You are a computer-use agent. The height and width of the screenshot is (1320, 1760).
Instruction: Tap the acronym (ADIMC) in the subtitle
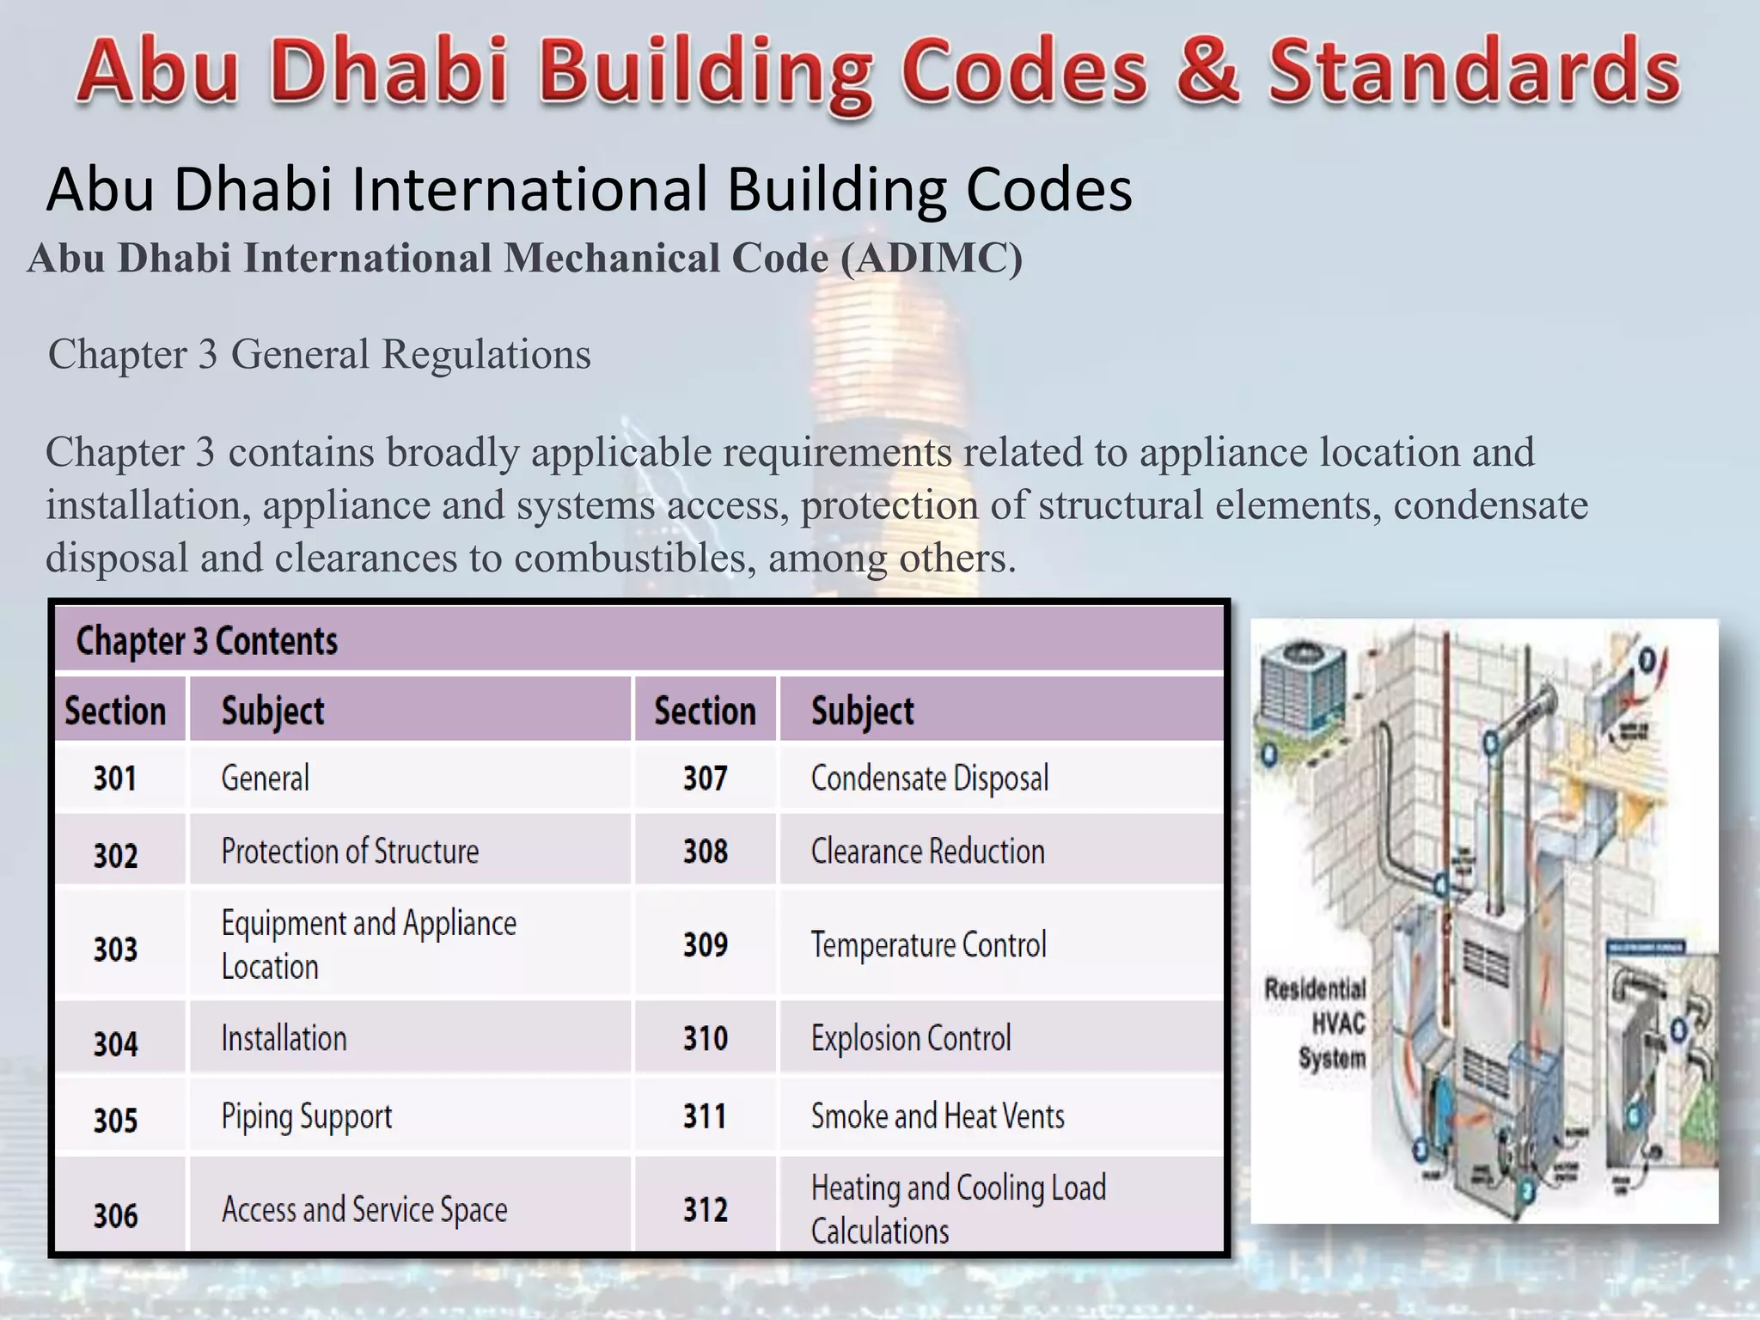[x=932, y=259]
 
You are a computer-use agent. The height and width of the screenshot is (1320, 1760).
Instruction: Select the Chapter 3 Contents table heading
[x=207, y=641]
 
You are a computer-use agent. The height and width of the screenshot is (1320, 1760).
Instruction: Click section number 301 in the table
[x=115, y=779]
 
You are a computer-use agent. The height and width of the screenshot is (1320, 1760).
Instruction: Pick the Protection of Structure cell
[x=350, y=852]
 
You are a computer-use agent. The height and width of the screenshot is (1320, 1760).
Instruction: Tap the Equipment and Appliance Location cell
[x=369, y=944]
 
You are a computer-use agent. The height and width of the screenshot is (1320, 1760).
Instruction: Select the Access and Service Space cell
[x=364, y=1210]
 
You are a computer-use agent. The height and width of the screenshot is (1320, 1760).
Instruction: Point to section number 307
[x=705, y=779]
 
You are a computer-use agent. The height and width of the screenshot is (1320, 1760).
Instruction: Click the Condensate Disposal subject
[x=930, y=779]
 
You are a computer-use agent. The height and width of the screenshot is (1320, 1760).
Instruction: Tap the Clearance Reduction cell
[x=928, y=852]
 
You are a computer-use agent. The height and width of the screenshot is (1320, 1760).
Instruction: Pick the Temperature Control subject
[x=928, y=945]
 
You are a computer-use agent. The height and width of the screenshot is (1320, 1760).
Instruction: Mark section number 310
[x=705, y=1039]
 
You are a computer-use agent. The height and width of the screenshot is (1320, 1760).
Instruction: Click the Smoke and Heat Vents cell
[x=938, y=1116]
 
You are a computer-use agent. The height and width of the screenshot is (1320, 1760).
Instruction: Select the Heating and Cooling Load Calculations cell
[x=958, y=1209]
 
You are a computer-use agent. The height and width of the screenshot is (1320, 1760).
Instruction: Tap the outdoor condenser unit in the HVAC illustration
[x=1300, y=687]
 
